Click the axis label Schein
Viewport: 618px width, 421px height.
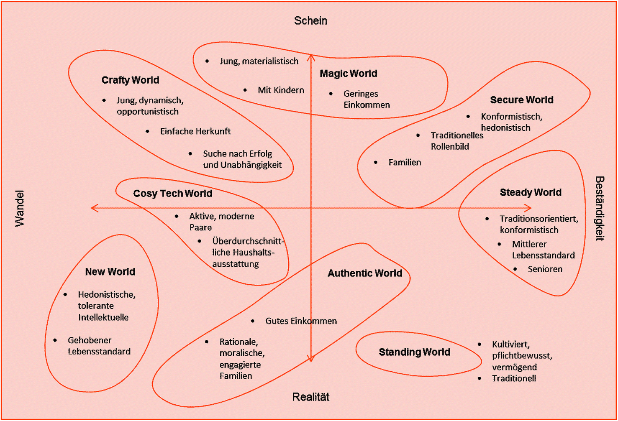point(310,20)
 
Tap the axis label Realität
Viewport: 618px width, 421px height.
point(310,397)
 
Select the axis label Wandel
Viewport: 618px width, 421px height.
point(20,208)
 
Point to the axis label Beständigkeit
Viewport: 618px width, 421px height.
point(599,208)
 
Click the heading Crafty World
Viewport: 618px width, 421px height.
point(130,80)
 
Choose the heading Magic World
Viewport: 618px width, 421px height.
point(348,74)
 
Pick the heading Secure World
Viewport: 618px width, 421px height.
point(521,100)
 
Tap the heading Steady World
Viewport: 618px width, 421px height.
point(530,192)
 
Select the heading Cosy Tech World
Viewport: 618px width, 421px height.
point(172,194)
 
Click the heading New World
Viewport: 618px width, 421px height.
point(110,272)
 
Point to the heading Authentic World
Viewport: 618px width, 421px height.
point(364,273)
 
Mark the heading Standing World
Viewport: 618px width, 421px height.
point(414,352)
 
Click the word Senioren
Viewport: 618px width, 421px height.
point(545,269)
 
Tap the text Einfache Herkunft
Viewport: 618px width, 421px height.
point(195,131)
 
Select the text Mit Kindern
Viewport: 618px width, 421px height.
point(281,90)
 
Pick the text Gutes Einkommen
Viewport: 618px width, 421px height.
point(301,321)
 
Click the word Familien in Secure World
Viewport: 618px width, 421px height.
point(405,162)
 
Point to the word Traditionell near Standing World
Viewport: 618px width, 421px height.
point(514,378)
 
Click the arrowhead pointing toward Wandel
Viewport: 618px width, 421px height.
point(93,208)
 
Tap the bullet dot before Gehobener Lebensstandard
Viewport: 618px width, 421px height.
point(55,340)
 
